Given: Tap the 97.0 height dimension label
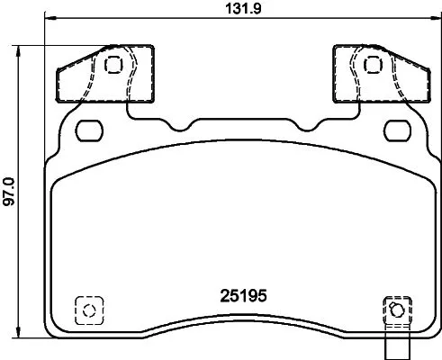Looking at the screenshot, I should point(9,190).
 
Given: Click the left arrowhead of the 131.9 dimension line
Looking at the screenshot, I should point(48,19).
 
